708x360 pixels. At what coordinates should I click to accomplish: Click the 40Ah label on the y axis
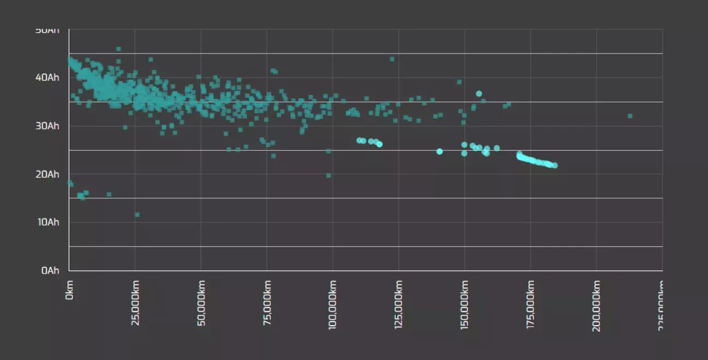(x=48, y=78)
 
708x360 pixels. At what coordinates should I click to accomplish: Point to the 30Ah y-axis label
(x=48, y=126)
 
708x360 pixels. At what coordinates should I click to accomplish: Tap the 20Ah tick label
(x=48, y=174)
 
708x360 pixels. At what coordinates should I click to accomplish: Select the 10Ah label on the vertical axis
(x=48, y=222)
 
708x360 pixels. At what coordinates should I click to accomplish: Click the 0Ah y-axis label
(x=50, y=270)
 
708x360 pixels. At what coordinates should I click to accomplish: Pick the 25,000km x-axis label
(x=135, y=303)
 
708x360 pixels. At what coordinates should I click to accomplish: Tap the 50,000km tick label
(x=202, y=303)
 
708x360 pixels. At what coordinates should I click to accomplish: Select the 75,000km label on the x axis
(x=267, y=303)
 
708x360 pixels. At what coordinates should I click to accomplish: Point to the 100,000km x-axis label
(x=333, y=305)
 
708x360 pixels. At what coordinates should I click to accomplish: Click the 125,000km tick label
(x=399, y=305)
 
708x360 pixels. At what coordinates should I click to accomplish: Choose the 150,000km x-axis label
(x=465, y=305)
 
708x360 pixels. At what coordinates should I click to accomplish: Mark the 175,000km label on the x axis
(x=531, y=305)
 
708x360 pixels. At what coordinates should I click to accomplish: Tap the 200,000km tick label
(x=597, y=305)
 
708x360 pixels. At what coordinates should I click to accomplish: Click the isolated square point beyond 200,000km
(x=630, y=116)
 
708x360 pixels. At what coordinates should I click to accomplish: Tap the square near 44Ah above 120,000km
(x=392, y=59)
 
